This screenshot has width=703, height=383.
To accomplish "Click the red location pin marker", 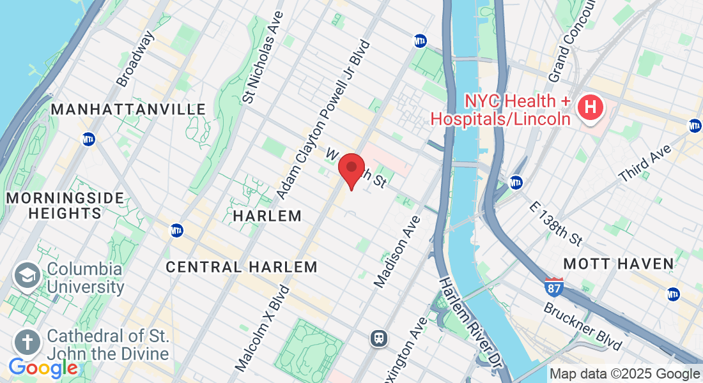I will pyautogui.click(x=351, y=170).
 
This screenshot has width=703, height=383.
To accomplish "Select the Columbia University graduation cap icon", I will pyautogui.click(x=27, y=276).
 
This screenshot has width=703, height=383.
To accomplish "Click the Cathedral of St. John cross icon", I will pyautogui.click(x=27, y=343).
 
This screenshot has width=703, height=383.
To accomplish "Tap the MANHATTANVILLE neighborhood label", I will pyautogui.click(x=128, y=110).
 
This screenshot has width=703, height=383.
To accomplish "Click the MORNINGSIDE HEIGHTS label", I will pyautogui.click(x=65, y=206).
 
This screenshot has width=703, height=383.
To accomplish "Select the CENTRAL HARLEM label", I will pyautogui.click(x=242, y=267).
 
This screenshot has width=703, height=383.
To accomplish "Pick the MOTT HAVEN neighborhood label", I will pyautogui.click(x=618, y=264).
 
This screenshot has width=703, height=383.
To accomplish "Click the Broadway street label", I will pyautogui.click(x=135, y=59).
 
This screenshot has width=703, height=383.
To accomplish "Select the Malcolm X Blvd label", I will pyautogui.click(x=262, y=327).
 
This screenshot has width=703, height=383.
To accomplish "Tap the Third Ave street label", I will pyautogui.click(x=646, y=165).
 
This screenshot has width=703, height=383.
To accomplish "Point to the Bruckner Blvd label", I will pyautogui.click(x=582, y=326).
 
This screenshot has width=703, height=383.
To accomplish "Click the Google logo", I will pyautogui.click(x=43, y=368).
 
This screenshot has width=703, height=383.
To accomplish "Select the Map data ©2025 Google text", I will pyautogui.click(x=624, y=374).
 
